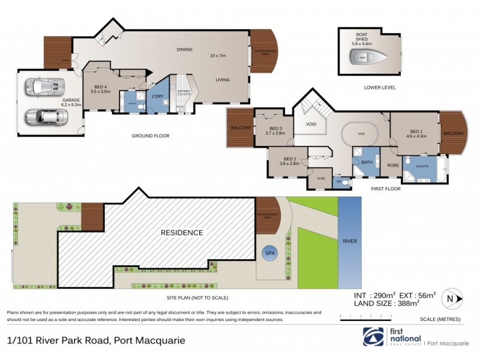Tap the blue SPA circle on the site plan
pyautogui.click(x=269, y=253)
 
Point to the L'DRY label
pyautogui.click(x=157, y=97)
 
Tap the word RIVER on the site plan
pyautogui.click(x=349, y=241)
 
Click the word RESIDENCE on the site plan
pyautogui.click(x=181, y=232)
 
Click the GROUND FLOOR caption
pyautogui.click(x=151, y=136)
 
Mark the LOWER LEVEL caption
pyautogui.click(x=380, y=88)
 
